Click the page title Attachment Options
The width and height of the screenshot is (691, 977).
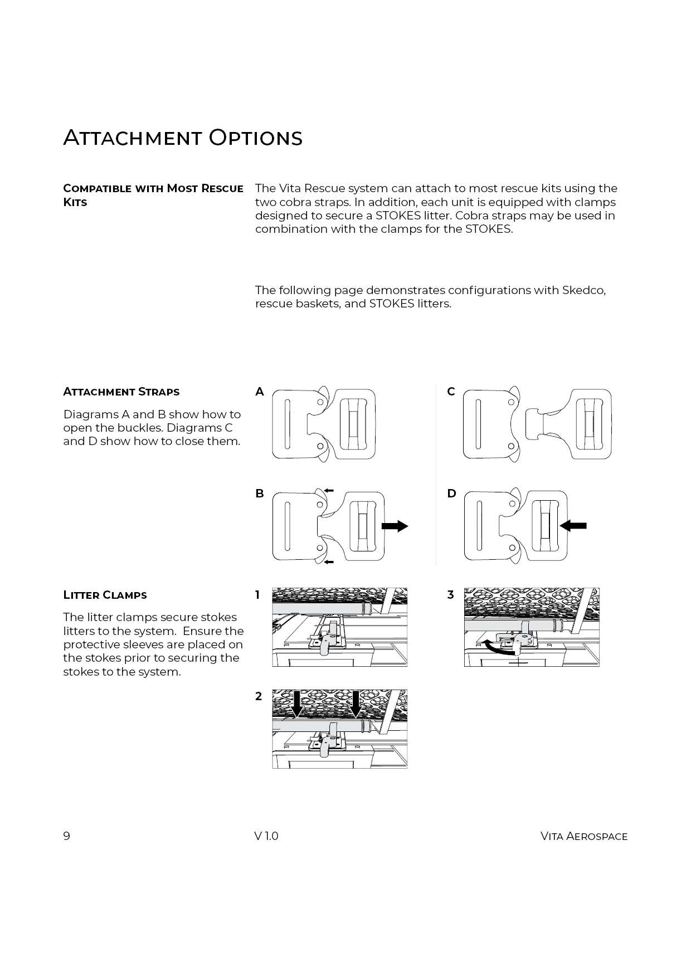coord(183,138)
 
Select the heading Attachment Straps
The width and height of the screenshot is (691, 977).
coord(121,392)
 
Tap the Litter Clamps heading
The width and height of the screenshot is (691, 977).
coord(105,595)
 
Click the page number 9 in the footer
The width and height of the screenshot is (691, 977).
coord(67,836)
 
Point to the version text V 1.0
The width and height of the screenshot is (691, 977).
coord(266,836)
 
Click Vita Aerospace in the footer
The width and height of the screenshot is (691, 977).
coord(583,836)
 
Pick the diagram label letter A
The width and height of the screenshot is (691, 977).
coord(260,392)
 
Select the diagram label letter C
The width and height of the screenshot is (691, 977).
coord(451,392)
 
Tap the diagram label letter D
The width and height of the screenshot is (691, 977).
coord(451,494)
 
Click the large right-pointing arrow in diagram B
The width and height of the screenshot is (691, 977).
coord(395,526)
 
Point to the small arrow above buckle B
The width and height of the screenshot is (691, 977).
coord(328,490)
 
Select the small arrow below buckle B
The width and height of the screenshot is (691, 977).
coord(328,563)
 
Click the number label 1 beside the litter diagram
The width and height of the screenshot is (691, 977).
coord(257,595)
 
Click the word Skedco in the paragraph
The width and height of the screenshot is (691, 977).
coord(583,290)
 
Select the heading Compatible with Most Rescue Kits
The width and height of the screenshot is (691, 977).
coord(153,195)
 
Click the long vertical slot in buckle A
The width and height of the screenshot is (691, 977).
coord(286,424)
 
